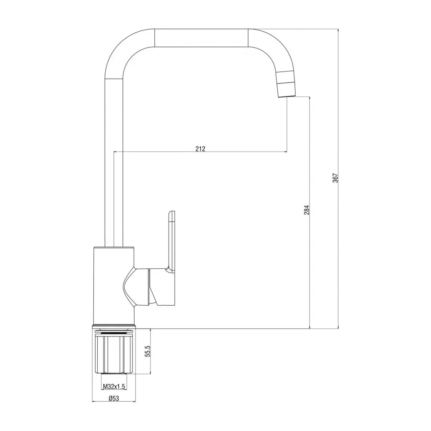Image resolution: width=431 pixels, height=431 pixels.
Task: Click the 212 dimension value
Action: click(x=200, y=149)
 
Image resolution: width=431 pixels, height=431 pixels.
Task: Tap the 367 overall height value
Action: click(x=335, y=178)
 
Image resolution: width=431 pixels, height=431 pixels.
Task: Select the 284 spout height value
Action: click(x=307, y=210)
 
